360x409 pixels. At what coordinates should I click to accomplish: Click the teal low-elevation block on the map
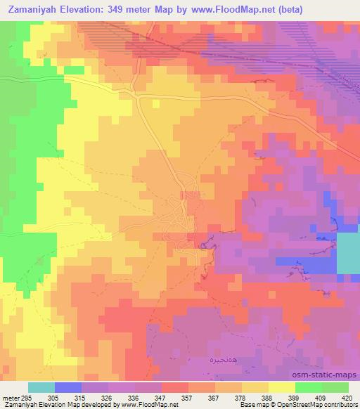[x=348, y=254]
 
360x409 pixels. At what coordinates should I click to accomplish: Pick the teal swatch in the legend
[x=41, y=387]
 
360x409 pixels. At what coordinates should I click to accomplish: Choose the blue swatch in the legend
[x=68, y=387]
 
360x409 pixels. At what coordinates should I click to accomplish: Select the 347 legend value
[x=162, y=397]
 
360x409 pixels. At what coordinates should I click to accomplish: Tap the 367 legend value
[x=214, y=397]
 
